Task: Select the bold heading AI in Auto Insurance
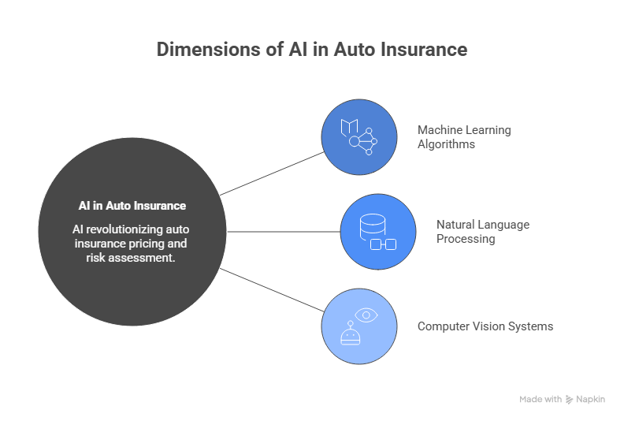tap(132, 206)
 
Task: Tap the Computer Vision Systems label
tap(485, 326)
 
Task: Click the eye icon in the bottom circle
tap(366, 315)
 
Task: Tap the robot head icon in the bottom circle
tap(350, 335)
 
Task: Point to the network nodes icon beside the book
tap(364, 143)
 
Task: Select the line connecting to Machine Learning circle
tap(272, 173)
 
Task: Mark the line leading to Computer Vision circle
tap(272, 291)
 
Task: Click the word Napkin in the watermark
tap(591, 400)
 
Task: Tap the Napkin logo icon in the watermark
tap(570, 400)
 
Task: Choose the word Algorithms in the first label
tap(446, 144)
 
